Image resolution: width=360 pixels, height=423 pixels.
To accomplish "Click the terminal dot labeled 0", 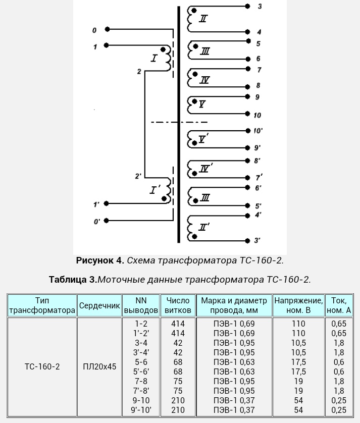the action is click(107, 29).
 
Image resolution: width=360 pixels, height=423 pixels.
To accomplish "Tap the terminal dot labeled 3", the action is click(248, 6).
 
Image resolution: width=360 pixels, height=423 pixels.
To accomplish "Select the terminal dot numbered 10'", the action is click(248, 131).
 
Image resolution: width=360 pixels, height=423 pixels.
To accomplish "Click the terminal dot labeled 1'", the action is click(107, 203).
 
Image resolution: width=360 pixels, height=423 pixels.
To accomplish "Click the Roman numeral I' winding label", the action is click(155, 189).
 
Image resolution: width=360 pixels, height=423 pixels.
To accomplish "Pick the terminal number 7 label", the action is click(259, 70).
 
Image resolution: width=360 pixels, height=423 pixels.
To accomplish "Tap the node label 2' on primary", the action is click(138, 176).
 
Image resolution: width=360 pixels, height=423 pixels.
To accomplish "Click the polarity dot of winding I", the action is click(163, 49).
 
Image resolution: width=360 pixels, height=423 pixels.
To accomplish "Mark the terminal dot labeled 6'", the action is click(247, 187).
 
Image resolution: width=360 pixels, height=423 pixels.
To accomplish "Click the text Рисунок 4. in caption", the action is click(100, 260).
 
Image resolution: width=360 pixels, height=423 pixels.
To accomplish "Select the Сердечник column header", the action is click(99, 305).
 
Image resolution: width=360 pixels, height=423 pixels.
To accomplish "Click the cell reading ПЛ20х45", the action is click(99, 366).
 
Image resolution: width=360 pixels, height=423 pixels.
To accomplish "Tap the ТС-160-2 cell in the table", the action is click(42, 366).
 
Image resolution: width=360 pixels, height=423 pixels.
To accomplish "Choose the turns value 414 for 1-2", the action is click(178, 324).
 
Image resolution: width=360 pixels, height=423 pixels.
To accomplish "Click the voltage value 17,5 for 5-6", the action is click(298, 362).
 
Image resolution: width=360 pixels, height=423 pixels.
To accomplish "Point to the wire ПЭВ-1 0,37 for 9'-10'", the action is click(234, 410).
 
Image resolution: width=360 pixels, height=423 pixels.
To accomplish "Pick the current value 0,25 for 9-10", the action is click(339, 400).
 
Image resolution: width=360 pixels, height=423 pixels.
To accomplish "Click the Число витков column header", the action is click(178, 305).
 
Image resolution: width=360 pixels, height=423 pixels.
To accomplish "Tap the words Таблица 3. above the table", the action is click(73, 280).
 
